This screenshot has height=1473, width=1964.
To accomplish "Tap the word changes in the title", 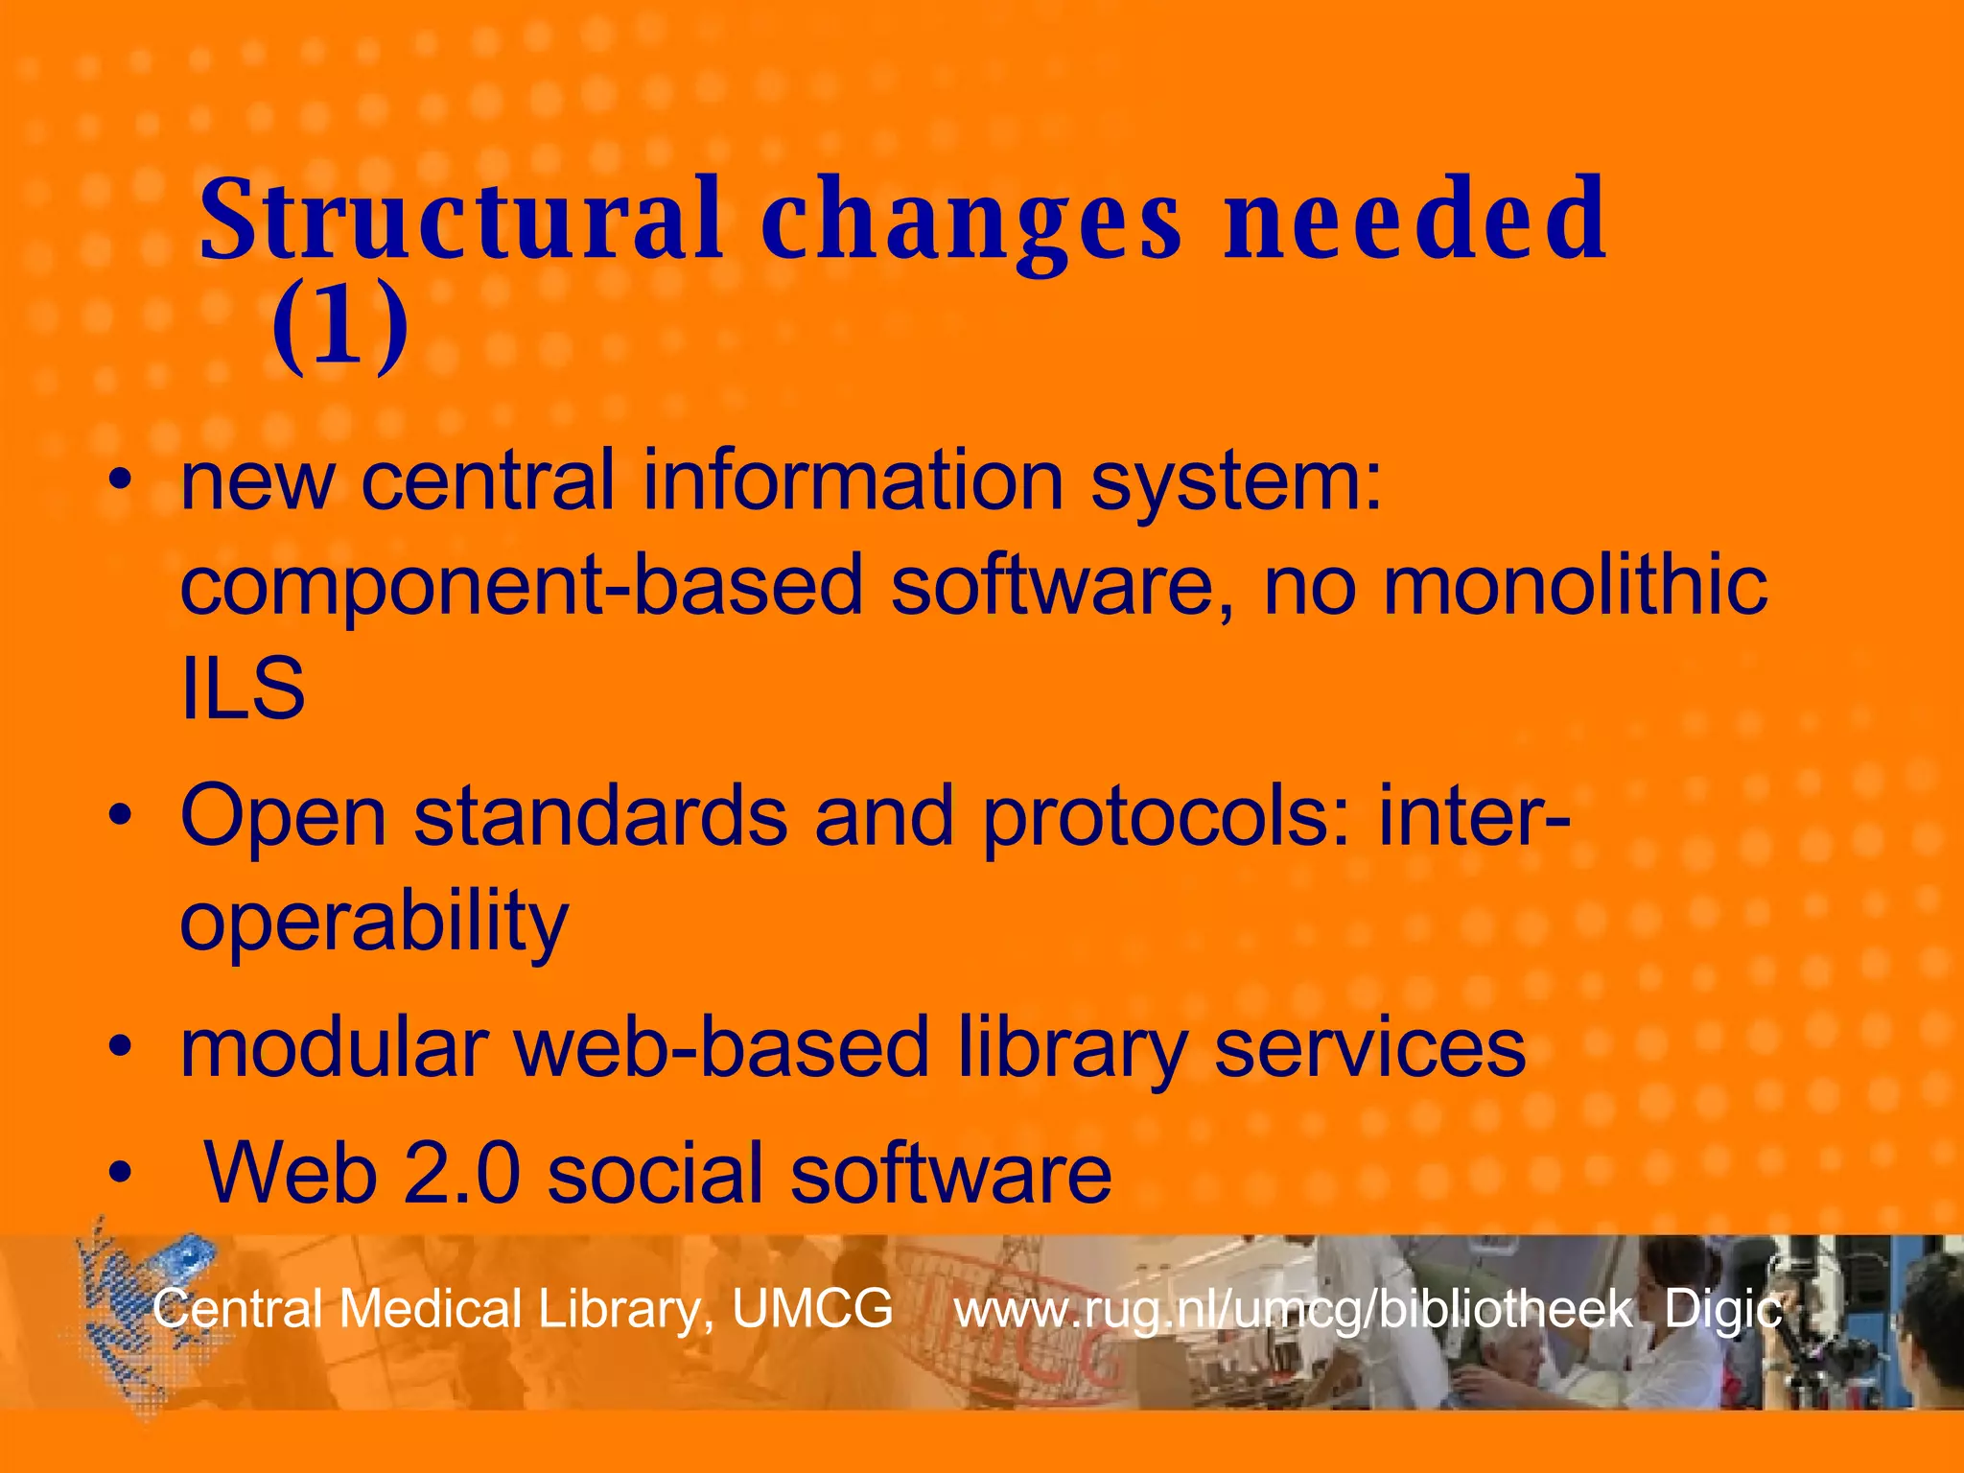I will pyautogui.click(x=972, y=222).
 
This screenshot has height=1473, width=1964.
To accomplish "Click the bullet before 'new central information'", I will pyautogui.click(x=119, y=480).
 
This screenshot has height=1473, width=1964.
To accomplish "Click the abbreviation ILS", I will pyautogui.click(x=243, y=688).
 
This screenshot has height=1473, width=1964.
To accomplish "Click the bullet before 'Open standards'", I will pyautogui.click(x=119, y=816).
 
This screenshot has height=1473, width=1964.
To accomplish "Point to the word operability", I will pyautogui.click(x=374, y=922).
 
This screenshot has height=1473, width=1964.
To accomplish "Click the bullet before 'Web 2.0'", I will pyautogui.click(x=119, y=1173).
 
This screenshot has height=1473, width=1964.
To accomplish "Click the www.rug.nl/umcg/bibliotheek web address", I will pyautogui.click(x=1293, y=1310).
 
